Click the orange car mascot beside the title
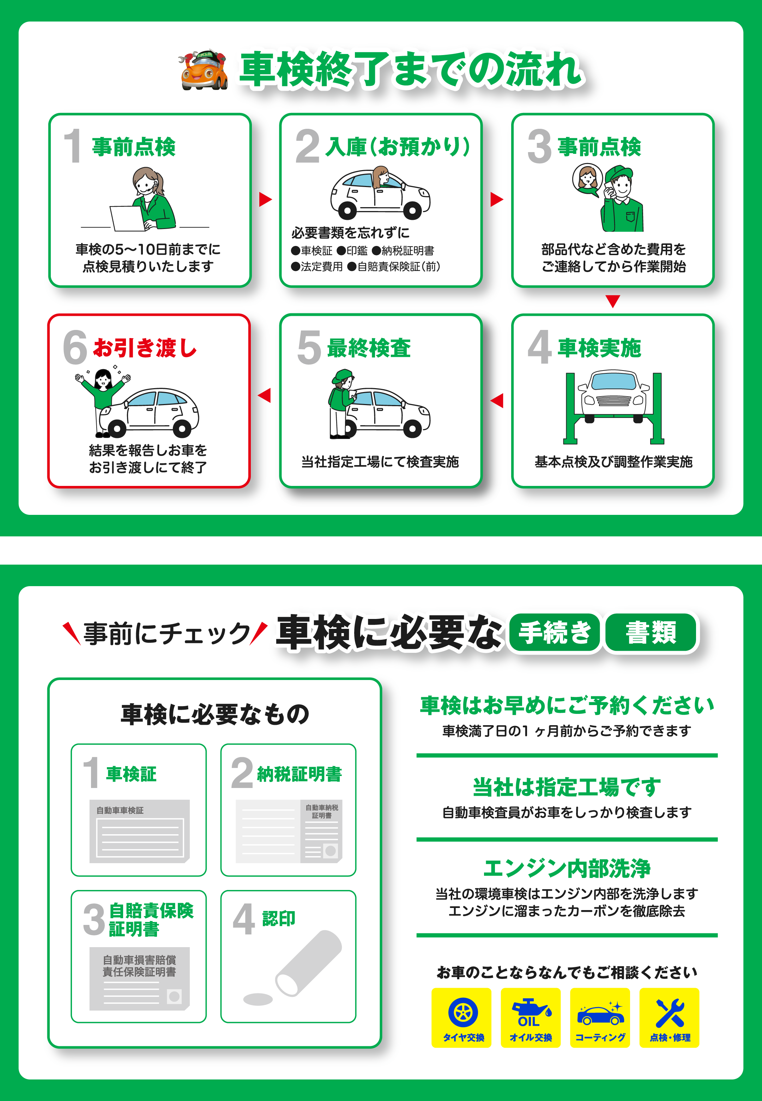pyautogui.click(x=204, y=70)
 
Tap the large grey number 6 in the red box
pyautogui.click(x=75, y=347)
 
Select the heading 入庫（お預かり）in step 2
pyautogui.click(x=398, y=146)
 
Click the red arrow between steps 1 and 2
pyautogui.click(x=265, y=200)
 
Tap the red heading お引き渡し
pyautogui.click(x=145, y=348)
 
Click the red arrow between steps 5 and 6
pyautogui.click(x=265, y=395)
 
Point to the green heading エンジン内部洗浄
pyautogui.click(x=567, y=868)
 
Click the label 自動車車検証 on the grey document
pyautogui.click(x=120, y=810)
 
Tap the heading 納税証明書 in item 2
pyautogui.click(x=300, y=774)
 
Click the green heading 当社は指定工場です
pyautogui.click(x=567, y=787)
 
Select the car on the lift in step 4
pyautogui.click(x=613, y=396)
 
